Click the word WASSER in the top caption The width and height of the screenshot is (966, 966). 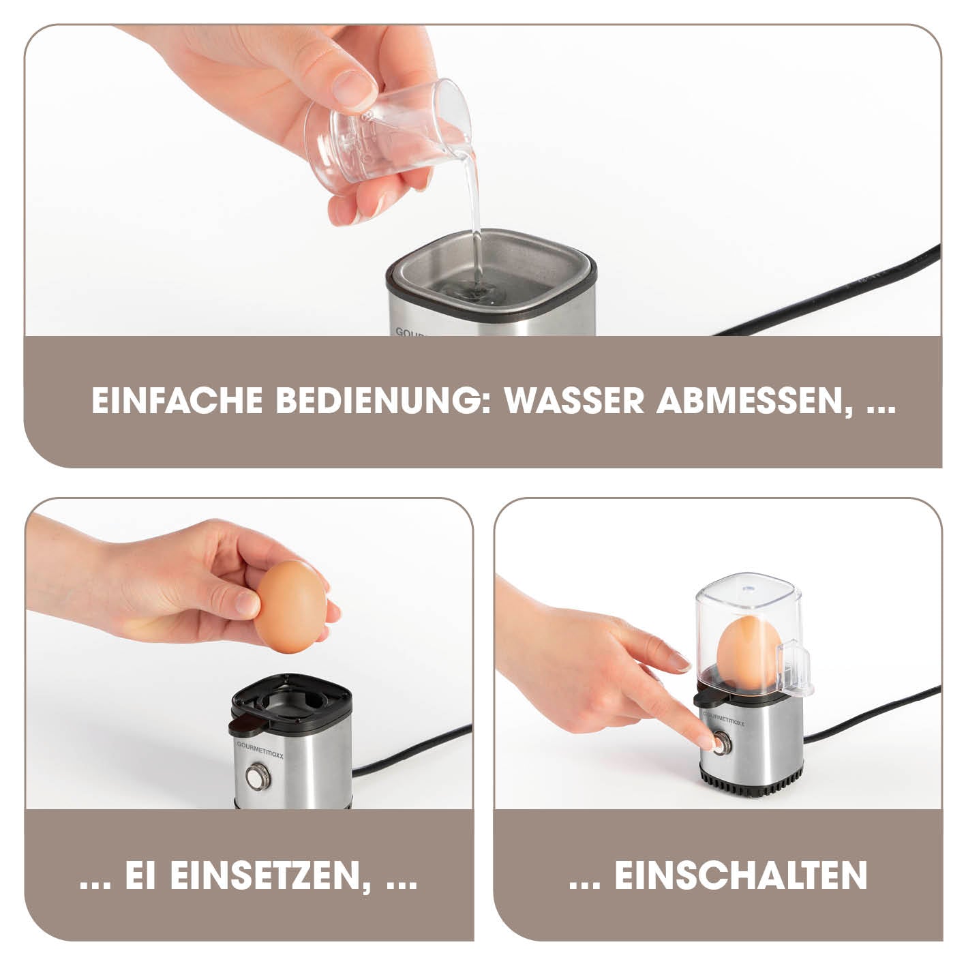(x=574, y=401)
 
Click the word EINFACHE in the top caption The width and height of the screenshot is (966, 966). (x=177, y=401)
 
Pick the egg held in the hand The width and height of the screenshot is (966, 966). (x=290, y=606)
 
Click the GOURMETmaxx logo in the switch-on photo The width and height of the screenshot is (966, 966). (x=723, y=719)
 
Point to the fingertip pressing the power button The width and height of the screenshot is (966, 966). (x=706, y=742)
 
